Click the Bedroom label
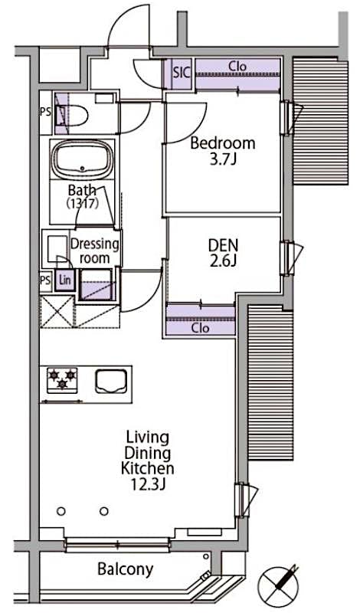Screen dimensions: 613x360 pyautogui.click(x=223, y=143)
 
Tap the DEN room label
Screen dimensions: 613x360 pyautogui.click(x=224, y=245)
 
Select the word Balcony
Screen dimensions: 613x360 pyautogui.click(x=125, y=569)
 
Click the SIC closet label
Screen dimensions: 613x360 pyautogui.click(x=181, y=74)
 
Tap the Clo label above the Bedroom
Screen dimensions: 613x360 pyautogui.click(x=237, y=67)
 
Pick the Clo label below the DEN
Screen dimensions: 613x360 pyautogui.click(x=201, y=327)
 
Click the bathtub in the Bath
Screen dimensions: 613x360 pyautogui.click(x=82, y=159)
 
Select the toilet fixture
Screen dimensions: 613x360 pyautogui.click(x=77, y=115)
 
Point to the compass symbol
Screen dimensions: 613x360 pyautogui.click(x=280, y=585)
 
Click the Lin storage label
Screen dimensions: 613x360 pyautogui.click(x=65, y=280)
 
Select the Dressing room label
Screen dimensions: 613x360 pyautogui.click(x=95, y=251)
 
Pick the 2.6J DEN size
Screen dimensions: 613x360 pyautogui.click(x=224, y=262)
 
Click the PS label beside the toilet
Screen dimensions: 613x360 pyautogui.click(x=44, y=111)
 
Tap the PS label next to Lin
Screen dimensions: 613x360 pyautogui.click(x=45, y=280)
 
